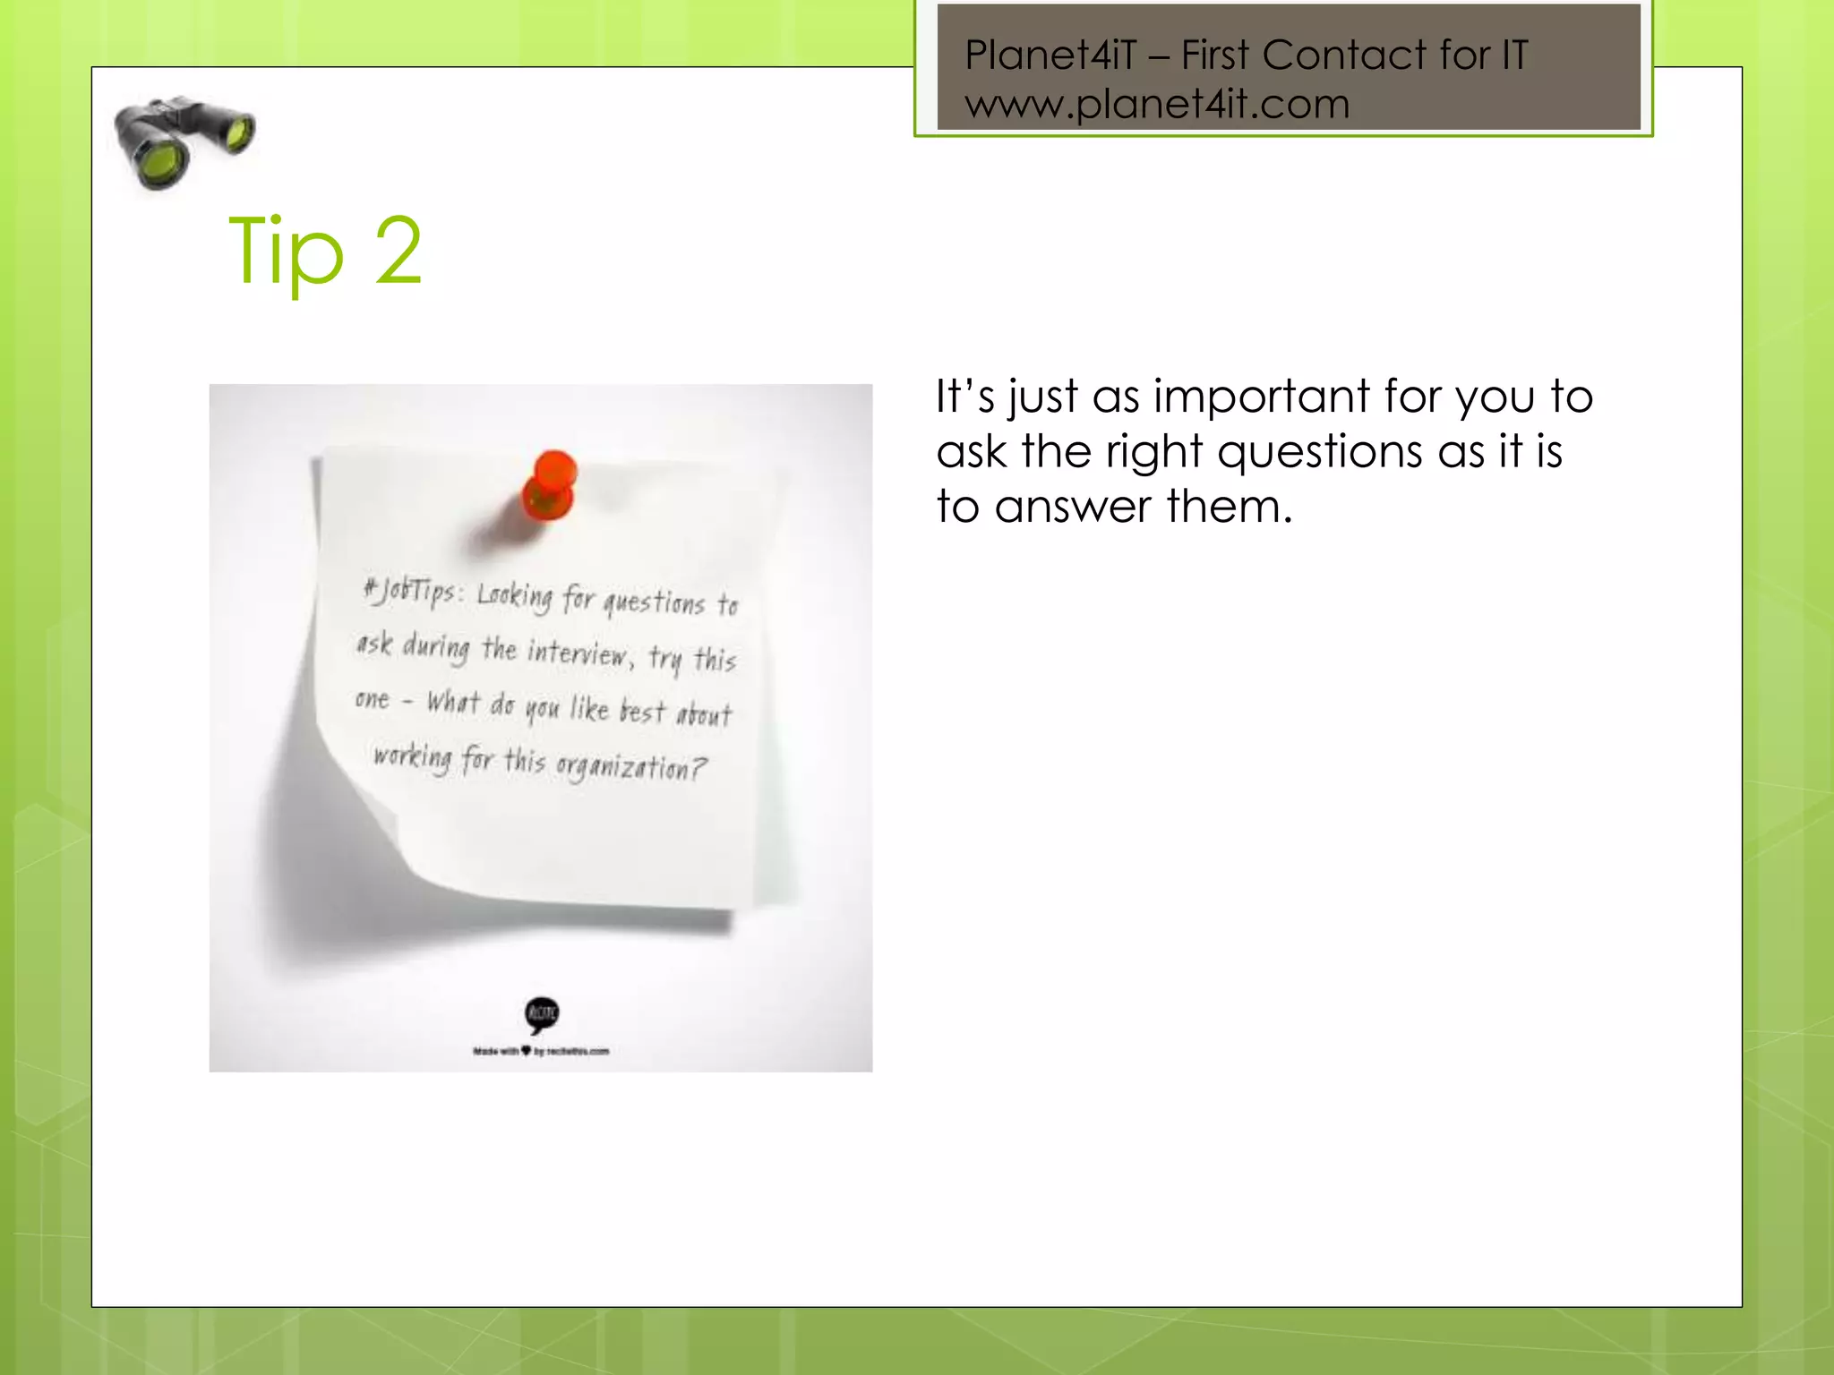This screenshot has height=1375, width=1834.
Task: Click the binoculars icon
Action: [184, 141]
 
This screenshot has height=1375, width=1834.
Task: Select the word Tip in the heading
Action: [286, 252]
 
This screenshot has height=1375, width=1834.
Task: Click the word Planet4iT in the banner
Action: [1050, 56]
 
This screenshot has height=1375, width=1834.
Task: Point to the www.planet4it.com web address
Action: [1157, 105]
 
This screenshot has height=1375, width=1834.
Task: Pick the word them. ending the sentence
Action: [1230, 507]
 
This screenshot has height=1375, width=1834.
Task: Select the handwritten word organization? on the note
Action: [630, 767]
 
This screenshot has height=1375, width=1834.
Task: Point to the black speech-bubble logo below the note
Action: [542, 1014]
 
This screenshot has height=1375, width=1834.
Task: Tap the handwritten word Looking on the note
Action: [515, 595]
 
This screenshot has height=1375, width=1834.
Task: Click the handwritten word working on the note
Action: [412, 758]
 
